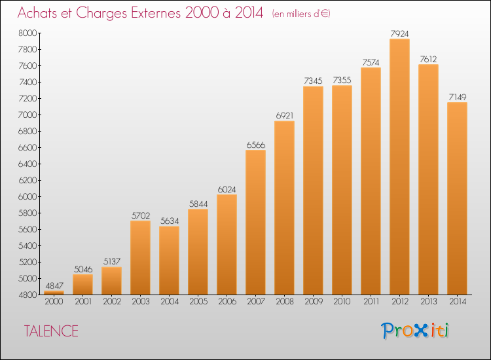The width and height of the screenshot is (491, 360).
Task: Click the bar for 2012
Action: (x=399, y=166)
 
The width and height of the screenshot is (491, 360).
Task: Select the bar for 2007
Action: (x=255, y=223)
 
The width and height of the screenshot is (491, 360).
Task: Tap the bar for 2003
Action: (x=140, y=258)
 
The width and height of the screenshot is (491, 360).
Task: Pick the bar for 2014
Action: (x=457, y=198)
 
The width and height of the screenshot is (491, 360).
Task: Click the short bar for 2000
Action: (x=54, y=293)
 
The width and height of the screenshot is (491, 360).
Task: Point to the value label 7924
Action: (x=399, y=33)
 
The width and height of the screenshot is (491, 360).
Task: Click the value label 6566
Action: (x=255, y=145)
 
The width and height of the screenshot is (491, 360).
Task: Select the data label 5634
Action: (x=170, y=221)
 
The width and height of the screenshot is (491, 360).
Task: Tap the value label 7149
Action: (x=457, y=98)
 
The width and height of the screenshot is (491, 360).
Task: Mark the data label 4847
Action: (x=54, y=286)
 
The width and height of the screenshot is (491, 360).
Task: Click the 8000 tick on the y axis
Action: (x=27, y=33)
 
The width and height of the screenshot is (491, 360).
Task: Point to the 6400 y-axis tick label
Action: (x=27, y=164)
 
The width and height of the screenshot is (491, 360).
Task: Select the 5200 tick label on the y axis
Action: (x=27, y=262)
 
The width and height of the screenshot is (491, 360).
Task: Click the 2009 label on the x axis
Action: (x=313, y=302)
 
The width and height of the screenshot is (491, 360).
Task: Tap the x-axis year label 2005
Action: (x=198, y=302)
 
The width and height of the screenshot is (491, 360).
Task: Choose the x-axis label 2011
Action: (x=371, y=302)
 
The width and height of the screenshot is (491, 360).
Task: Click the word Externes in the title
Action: (x=156, y=13)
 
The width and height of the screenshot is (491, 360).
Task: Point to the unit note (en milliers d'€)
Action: (x=301, y=14)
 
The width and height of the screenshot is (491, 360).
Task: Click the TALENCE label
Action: (x=51, y=331)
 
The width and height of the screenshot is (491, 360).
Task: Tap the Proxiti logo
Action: (x=415, y=331)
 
